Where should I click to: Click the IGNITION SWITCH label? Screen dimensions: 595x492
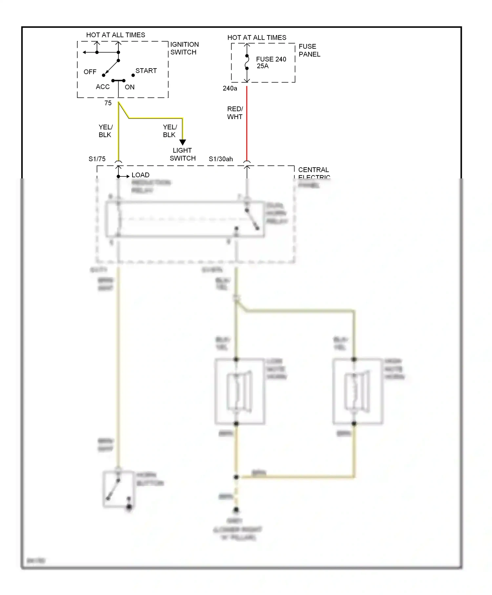184,48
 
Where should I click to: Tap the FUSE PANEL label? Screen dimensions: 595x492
309,50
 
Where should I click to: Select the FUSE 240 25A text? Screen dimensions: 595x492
271,62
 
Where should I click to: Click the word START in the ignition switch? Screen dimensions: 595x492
146,71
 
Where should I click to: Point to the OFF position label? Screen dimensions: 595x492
90,72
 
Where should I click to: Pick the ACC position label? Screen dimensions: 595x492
103,87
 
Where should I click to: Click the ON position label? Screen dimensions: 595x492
130,87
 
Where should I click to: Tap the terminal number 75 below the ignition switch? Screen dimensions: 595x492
108,103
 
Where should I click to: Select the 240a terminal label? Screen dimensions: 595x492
230,88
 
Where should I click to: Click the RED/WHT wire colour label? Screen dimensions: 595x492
235,113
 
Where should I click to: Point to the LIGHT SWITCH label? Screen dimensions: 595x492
182,154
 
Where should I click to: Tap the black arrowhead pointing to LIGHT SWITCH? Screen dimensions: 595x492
183,142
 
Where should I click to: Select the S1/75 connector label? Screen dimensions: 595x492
97,159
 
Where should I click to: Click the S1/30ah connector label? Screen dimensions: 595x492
221,159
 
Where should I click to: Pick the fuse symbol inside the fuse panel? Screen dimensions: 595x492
247,62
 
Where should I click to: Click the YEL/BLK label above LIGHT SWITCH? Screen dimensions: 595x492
170,131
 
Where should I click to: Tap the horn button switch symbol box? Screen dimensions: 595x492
119,489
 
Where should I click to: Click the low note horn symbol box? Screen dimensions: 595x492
240,391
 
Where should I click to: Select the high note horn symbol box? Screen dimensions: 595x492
357,391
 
